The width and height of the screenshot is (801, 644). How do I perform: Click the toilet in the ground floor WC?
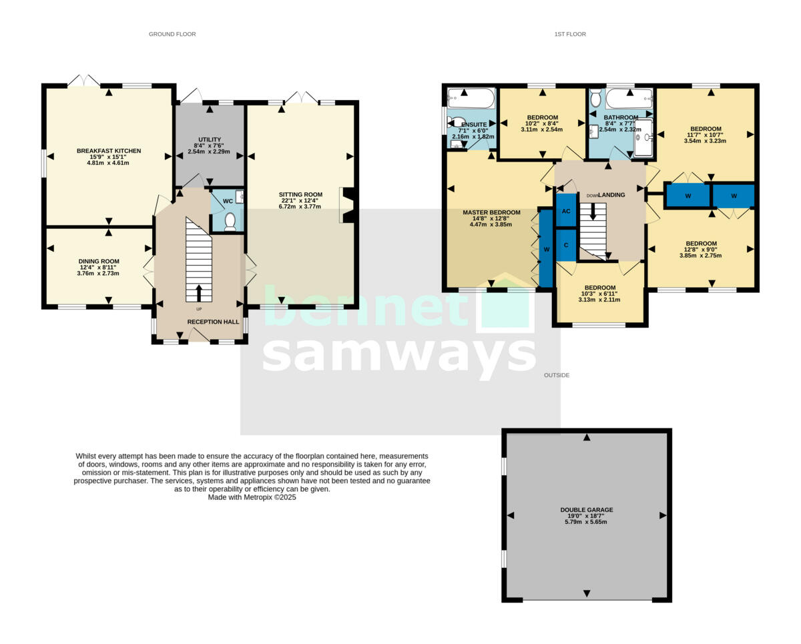click(230, 221)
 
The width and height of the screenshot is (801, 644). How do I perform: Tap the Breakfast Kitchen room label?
click(109, 151)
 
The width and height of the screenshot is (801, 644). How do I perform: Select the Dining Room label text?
click(99, 262)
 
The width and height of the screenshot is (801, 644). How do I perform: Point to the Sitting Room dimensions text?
click(300, 204)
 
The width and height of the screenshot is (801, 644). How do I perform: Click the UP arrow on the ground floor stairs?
click(198, 292)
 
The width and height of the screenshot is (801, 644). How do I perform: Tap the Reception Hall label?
click(213, 322)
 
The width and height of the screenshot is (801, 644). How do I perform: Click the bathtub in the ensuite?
click(471, 99)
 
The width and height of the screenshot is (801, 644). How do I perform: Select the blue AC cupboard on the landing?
click(566, 211)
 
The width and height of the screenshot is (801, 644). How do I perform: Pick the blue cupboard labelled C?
click(566, 244)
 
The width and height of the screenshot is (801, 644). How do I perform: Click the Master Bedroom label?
click(491, 212)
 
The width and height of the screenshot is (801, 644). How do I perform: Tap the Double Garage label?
click(586, 510)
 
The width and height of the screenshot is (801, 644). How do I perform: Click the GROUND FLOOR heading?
click(172, 34)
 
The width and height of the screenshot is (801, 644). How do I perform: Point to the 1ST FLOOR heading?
click(569, 34)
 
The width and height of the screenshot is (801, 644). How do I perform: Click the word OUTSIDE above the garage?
click(556, 375)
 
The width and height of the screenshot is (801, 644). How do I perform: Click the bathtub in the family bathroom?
click(629, 99)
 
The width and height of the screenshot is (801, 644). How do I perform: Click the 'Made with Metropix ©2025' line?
click(252, 497)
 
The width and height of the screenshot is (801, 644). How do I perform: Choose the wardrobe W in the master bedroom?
click(545, 249)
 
